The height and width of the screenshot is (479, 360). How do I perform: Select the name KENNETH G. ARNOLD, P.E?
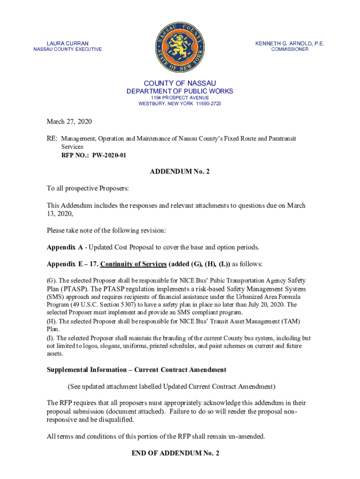289,44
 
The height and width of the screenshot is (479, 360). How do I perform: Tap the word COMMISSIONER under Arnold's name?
290,50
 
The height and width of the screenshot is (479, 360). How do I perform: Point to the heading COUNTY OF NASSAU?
180,83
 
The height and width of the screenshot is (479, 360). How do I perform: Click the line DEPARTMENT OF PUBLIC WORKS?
180,91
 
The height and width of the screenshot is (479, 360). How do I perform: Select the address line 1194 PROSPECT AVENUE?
180,97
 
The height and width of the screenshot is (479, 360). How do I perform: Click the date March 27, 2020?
69,122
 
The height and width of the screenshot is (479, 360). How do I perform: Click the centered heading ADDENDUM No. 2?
180,172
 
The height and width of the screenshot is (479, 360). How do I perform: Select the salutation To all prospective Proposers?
87,189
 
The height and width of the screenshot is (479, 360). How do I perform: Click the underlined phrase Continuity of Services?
133,264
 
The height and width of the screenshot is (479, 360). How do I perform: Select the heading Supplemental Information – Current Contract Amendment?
137,370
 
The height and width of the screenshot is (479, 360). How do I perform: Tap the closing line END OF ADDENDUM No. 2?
180,453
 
